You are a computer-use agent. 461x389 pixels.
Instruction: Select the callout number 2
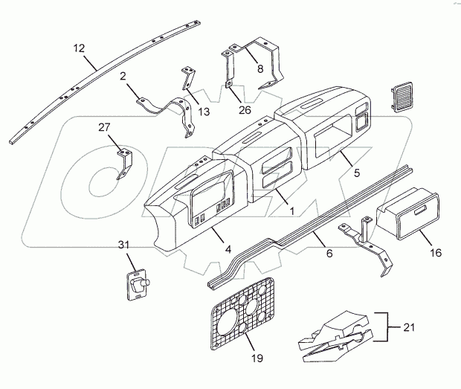123,76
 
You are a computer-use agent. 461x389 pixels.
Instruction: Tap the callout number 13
203,111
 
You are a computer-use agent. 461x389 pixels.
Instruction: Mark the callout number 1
292,211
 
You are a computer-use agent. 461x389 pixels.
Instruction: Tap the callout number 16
436,253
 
